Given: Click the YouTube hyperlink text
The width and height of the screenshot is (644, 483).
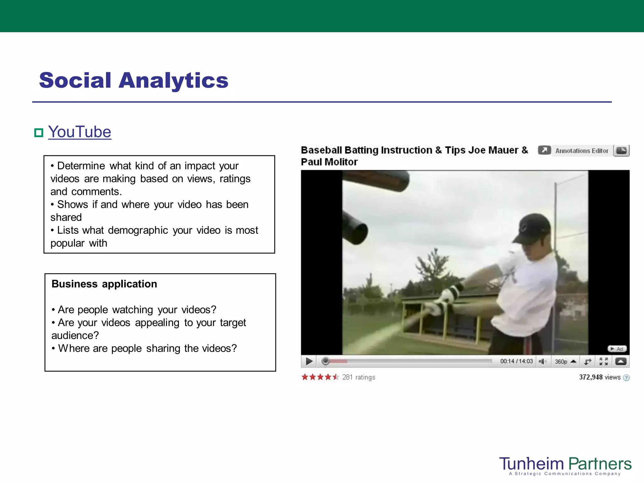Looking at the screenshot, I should [80, 132].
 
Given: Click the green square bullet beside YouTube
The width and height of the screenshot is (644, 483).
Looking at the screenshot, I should [38, 133].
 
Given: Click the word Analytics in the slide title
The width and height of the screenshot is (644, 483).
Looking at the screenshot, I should [173, 80].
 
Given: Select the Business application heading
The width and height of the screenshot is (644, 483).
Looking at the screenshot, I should [104, 284].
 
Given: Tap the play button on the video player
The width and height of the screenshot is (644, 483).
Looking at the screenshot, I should [309, 361].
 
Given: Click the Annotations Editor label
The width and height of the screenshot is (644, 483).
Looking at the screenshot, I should [582, 151].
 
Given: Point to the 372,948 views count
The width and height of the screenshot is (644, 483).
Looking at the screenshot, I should [600, 377].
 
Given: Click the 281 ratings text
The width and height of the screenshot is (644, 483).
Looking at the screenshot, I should [358, 377].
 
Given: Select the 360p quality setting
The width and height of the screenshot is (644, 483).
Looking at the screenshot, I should [561, 362].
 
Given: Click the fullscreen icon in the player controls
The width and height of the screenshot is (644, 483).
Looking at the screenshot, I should [603, 361].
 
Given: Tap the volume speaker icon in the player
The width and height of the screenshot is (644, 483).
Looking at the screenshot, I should [542, 361].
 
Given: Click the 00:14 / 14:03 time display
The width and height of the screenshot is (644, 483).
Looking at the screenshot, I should [516, 361].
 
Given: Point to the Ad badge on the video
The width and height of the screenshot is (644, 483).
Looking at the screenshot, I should [617, 349].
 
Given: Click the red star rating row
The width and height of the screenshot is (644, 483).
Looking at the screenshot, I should [320, 377].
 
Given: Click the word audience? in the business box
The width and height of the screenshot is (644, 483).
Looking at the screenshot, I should [75, 336].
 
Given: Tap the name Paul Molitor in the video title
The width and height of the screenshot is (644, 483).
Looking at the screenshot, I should [329, 162].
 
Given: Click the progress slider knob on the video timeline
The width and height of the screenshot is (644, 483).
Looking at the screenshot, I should [325, 361].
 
